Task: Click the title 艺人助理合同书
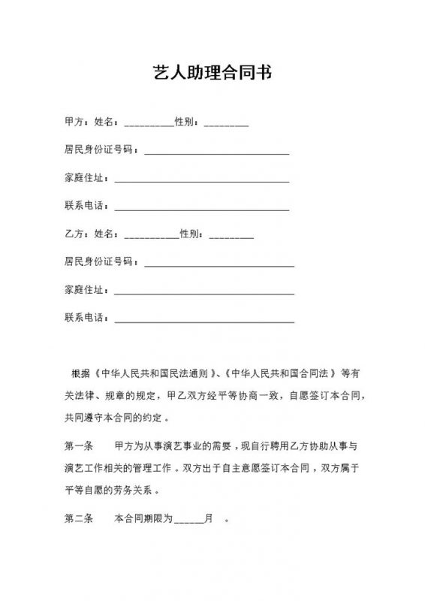212,74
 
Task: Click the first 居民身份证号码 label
99,150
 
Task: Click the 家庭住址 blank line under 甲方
201,180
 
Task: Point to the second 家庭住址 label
85,290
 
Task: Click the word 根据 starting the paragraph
80,373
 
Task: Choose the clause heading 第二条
78,518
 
